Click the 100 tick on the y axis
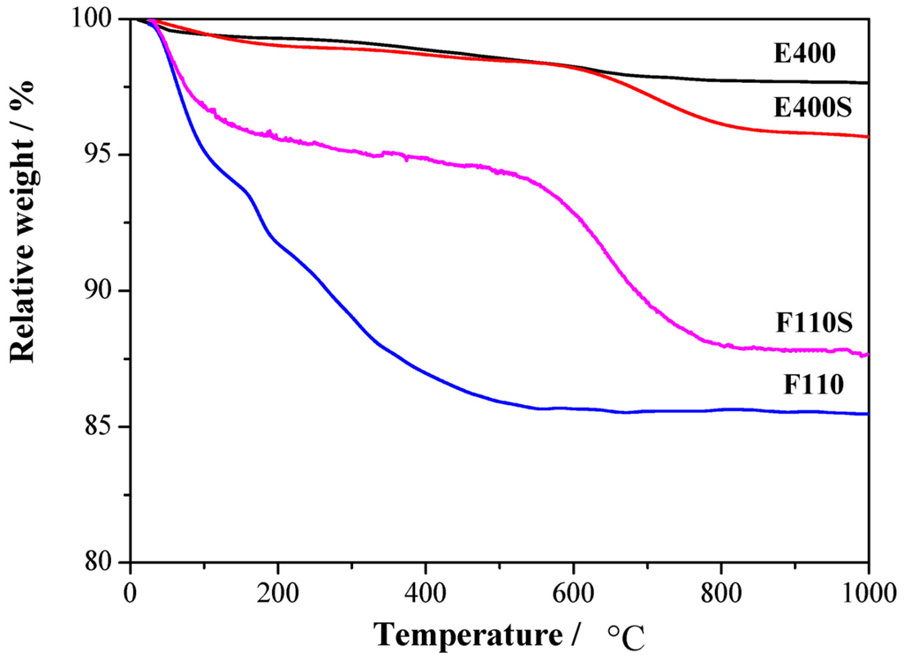pos(104,19)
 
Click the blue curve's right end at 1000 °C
pos(868,414)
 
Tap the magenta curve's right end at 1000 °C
pos(868,355)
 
